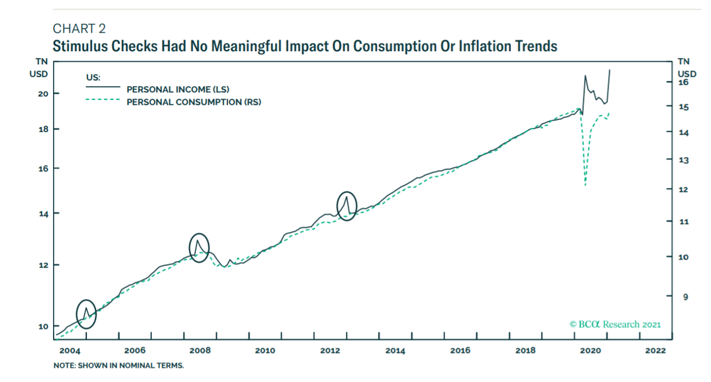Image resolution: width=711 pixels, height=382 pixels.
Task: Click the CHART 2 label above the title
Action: [79, 29]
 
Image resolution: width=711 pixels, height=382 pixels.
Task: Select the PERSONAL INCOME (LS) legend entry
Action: [178, 89]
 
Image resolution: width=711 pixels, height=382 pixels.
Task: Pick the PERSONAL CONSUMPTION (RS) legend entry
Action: [194, 102]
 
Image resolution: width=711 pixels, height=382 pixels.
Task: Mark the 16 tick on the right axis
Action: [683, 82]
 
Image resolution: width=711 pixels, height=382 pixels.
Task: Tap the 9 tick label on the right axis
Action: [686, 296]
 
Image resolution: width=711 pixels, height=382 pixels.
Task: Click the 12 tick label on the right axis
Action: [683, 190]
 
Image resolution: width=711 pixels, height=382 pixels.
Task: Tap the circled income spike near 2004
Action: [86, 314]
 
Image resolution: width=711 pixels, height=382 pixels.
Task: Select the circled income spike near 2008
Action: [198, 247]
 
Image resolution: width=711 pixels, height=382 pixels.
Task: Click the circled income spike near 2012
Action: [347, 205]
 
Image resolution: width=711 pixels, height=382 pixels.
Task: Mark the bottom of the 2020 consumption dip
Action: [585, 185]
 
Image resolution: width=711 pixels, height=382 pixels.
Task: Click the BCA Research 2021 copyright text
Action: [615, 325]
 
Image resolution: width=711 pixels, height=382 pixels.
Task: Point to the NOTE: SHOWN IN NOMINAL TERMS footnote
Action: [118, 366]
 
